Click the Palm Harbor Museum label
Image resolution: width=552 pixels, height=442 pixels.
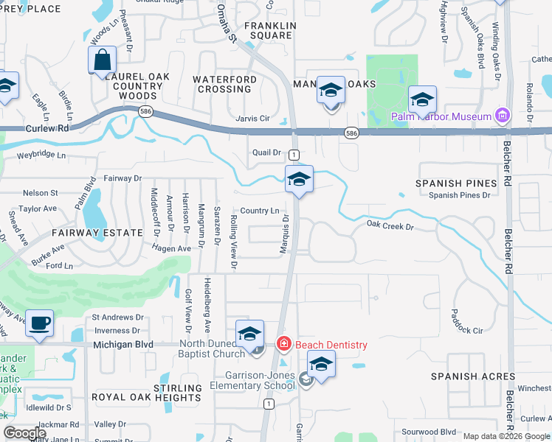coord(441,116)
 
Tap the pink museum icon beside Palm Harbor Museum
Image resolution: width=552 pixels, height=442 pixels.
coord(503,115)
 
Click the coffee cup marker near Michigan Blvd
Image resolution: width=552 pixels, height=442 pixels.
coord(39,323)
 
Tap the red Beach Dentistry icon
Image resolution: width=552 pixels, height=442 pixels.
coord(282,344)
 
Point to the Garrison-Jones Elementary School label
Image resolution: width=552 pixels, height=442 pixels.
coord(252,379)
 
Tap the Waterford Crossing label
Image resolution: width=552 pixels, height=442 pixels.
coord(224,84)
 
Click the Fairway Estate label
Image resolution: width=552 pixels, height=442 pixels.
coord(97,232)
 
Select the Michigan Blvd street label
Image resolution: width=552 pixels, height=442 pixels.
coord(123,344)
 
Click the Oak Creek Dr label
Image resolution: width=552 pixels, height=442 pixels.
coord(390,225)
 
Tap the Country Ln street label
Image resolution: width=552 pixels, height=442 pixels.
coord(259,211)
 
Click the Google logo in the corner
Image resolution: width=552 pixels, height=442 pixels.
coord(25,433)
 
